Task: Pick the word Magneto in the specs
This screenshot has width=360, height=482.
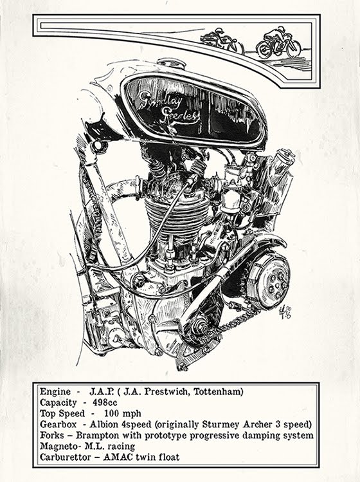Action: pos(59,447)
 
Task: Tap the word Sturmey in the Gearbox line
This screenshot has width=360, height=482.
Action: pos(242,425)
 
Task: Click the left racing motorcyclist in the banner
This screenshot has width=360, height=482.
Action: pos(222,41)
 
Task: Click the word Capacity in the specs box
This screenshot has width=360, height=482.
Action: pos(60,402)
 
